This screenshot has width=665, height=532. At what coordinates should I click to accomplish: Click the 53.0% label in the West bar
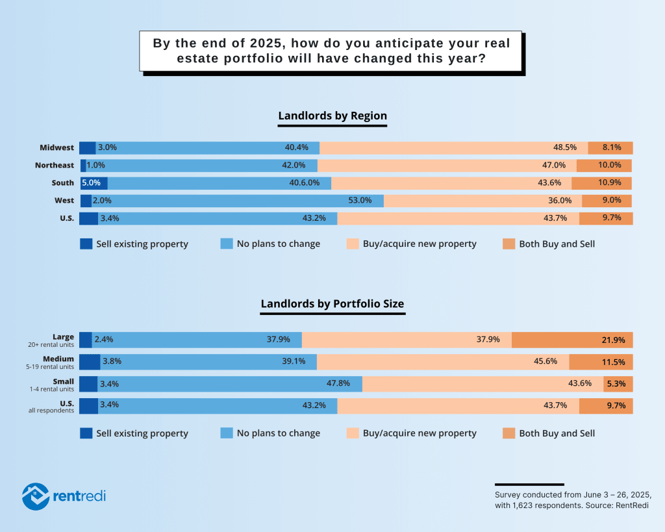pyautogui.click(x=360, y=201)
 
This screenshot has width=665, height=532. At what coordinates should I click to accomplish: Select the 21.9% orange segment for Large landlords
pyautogui.click(x=572, y=340)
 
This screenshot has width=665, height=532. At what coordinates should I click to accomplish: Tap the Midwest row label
pyautogui.click(x=56, y=147)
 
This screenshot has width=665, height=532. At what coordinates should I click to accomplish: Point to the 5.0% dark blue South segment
pyautogui.click(x=94, y=183)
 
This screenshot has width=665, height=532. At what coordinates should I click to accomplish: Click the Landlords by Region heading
pyautogui.click(x=332, y=116)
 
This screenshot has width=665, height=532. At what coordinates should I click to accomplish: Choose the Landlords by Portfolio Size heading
pyautogui.click(x=332, y=304)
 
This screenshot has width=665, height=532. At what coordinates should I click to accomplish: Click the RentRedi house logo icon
pyautogui.click(x=35, y=496)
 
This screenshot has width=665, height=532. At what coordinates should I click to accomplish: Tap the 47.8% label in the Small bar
pyautogui.click(x=338, y=384)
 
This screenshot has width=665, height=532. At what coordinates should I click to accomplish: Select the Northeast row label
pyautogui.click(x=55, y=165)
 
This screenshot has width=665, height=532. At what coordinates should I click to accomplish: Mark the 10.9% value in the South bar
pyautogui.click(x=609, y=183)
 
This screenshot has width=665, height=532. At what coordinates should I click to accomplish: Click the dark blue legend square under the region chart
pyautogui.click(x=86, y=244)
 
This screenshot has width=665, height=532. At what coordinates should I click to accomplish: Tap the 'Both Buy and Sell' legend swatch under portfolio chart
pyautogui.click(x=508, y=433)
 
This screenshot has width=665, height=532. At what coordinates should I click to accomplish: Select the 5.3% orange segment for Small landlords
pyautogui.click(x=618, y=384)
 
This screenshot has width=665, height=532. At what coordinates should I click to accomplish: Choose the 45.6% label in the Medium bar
pyautogui.click(x=545, y=362)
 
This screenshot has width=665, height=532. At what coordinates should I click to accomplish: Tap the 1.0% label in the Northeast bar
pyautogui.click(x=95, y=165)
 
